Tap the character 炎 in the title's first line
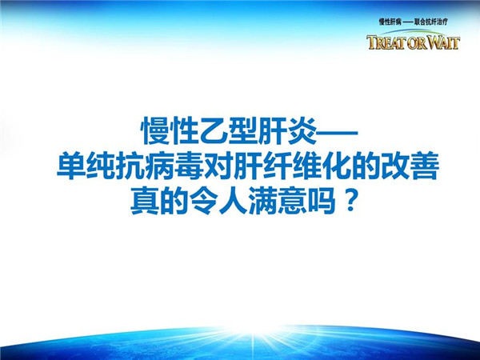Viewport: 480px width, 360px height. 302,132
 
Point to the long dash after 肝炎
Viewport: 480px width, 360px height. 337,133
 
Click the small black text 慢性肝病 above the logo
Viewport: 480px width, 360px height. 390,22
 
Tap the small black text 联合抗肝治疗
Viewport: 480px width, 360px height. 431,22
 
